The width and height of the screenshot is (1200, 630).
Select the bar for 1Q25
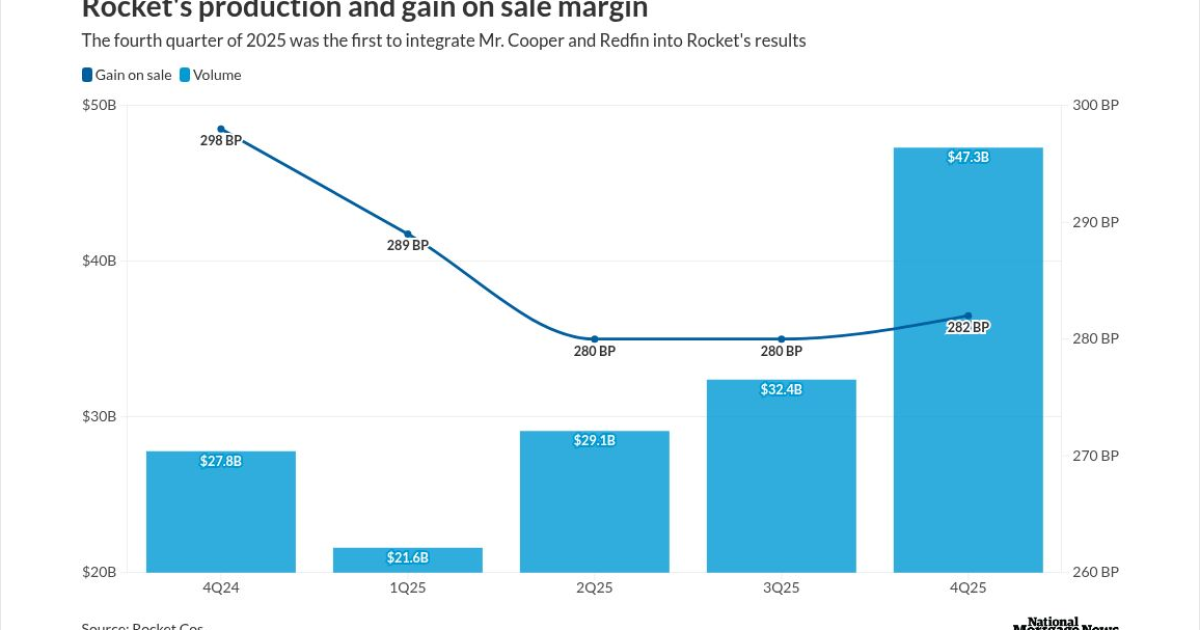coord(408,561)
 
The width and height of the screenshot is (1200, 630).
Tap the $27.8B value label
coord(221,462)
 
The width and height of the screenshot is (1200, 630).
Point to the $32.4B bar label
coord(781,390)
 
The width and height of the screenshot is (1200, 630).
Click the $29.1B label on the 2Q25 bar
coord(594,441)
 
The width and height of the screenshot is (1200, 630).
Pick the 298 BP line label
coord(221,141)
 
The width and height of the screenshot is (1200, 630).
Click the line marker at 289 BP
coord(408,234)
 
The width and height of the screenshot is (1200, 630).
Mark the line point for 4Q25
coord(968,316)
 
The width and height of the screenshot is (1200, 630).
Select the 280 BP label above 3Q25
coord(781,351)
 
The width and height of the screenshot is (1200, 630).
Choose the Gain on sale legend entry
coord(126,75)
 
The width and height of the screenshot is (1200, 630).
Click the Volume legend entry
coord(210,75)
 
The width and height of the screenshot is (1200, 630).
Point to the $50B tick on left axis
coord(99,106)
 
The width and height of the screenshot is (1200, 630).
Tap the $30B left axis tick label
coord(99,416)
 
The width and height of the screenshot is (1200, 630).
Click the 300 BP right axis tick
coord(1096,106)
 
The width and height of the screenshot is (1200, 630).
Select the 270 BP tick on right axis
coord(1096,455)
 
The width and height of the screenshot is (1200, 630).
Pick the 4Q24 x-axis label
coord(221,589)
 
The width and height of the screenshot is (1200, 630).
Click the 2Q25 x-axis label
coord(594,589)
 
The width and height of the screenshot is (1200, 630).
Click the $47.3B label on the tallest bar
coord(968,157)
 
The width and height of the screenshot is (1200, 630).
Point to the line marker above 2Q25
coord(594,339)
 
